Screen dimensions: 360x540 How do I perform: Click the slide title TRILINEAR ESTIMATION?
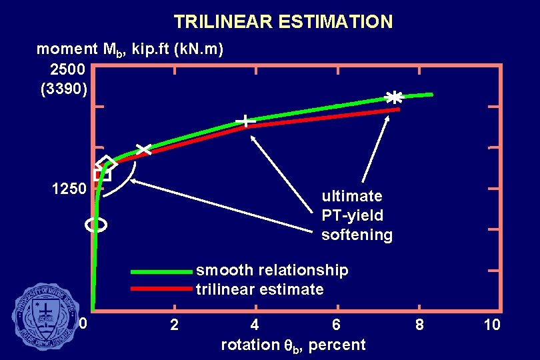tap(283, 22)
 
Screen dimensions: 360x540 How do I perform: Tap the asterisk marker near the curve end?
tap(394, 97)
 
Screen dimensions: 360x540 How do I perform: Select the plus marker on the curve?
tap(245, 121)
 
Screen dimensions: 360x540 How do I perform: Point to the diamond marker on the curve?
tap(106, 163)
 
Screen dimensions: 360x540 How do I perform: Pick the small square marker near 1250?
tap(101, 175)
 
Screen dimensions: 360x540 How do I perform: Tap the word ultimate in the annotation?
tap(352, 196)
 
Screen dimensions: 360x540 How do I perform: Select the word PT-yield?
tap(352, 215)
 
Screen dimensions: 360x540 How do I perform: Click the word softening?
tap(357, 235)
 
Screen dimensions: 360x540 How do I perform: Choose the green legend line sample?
tap(161, 272)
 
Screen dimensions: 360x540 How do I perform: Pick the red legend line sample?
tap(161, 289)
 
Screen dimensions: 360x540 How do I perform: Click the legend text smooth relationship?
tap(272, 270)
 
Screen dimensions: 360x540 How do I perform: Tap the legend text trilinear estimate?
tap(260, 289)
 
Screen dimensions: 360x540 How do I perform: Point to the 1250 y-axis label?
tap(69, 189)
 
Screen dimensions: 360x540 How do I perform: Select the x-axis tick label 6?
tap(337, 325)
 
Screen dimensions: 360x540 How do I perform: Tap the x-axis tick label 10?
tap(492, 325)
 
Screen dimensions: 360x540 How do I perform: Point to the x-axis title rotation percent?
tap(293, 345)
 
